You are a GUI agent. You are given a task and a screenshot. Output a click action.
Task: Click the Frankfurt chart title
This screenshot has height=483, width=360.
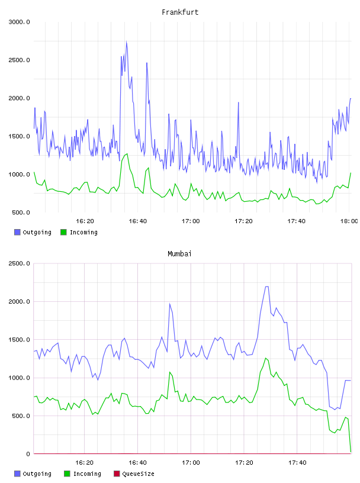[180, 12]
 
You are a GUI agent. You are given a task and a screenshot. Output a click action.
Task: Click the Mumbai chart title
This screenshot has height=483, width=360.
[179, 253]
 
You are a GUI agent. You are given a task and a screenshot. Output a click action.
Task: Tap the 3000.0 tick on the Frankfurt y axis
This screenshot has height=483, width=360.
[19, 22]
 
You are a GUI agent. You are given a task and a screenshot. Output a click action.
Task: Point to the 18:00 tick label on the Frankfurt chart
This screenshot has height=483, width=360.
[349, 221]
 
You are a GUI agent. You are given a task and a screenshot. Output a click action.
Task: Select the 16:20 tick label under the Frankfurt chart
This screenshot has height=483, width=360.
[85, 221]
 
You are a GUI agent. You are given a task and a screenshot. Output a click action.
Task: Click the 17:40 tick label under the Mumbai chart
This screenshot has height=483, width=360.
[297, 462]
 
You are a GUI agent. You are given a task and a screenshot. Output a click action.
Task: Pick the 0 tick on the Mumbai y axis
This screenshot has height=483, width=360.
[28, 454]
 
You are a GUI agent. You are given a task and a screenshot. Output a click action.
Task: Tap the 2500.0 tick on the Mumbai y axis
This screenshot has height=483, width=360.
[19, 263]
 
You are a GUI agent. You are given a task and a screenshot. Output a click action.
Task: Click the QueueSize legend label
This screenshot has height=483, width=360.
[138, 474]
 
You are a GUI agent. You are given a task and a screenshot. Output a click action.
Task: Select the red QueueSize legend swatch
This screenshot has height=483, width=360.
[117, 474]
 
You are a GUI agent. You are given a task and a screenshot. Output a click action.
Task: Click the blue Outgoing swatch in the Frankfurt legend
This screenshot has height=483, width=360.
[17, 232]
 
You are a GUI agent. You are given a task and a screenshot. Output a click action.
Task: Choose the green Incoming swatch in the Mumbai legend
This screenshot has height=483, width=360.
[67, 474]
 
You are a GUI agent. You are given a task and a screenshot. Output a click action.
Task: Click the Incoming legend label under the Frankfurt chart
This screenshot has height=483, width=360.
[83, 232]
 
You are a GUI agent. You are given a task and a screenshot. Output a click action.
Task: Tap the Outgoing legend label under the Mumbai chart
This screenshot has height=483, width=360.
[37, 474]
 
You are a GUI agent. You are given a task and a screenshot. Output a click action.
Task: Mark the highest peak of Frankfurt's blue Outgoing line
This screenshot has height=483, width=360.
[126, 41]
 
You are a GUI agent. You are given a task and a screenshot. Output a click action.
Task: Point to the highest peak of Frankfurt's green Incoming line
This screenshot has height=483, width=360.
[127, 154]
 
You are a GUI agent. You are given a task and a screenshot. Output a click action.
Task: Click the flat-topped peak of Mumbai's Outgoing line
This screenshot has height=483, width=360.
[266, 286]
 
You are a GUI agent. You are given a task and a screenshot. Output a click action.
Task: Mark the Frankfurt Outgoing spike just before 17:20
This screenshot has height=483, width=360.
[238, 102]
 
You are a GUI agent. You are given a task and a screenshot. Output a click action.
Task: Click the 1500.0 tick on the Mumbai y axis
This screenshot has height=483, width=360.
[19, 339]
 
